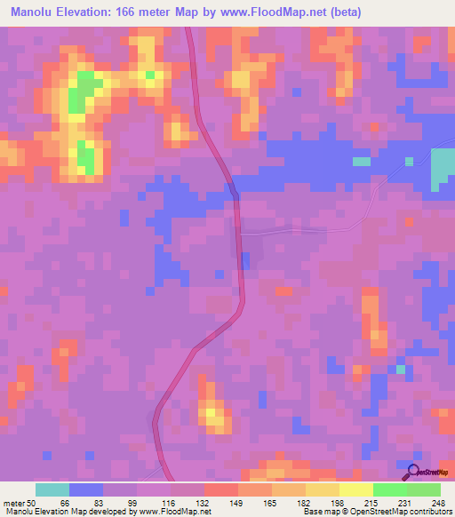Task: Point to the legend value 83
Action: (87, 502)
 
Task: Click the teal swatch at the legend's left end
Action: (52, 489)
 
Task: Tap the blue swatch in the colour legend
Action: (86, 489)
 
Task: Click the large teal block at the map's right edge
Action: (443, 169)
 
